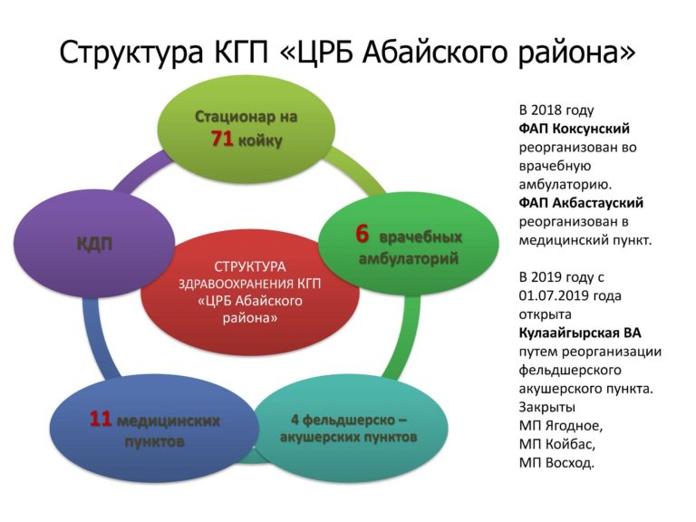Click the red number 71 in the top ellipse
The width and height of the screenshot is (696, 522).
coord(222,139)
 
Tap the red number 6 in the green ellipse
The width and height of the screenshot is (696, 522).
coord(362,234)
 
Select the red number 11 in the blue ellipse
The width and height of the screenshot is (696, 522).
coord(101,419)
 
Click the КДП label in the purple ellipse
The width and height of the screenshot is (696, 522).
coord(94,244)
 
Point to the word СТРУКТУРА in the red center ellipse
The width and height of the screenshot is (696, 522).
coord(250,266)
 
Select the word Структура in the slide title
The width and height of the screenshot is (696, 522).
coord(131,53)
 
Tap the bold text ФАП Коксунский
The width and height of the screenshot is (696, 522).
coord(574,129)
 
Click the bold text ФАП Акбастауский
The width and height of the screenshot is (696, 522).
coord(581,203)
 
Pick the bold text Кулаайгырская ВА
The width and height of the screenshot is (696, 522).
coord(580,333)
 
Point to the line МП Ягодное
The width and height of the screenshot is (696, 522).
coord(561,426)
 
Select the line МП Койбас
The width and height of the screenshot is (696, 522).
coord(557,444)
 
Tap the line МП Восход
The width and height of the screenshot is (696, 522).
coord(556,463)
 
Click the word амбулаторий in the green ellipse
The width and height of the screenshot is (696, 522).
coord(409,258)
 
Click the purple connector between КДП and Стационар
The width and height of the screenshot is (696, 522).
coord(139,172)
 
